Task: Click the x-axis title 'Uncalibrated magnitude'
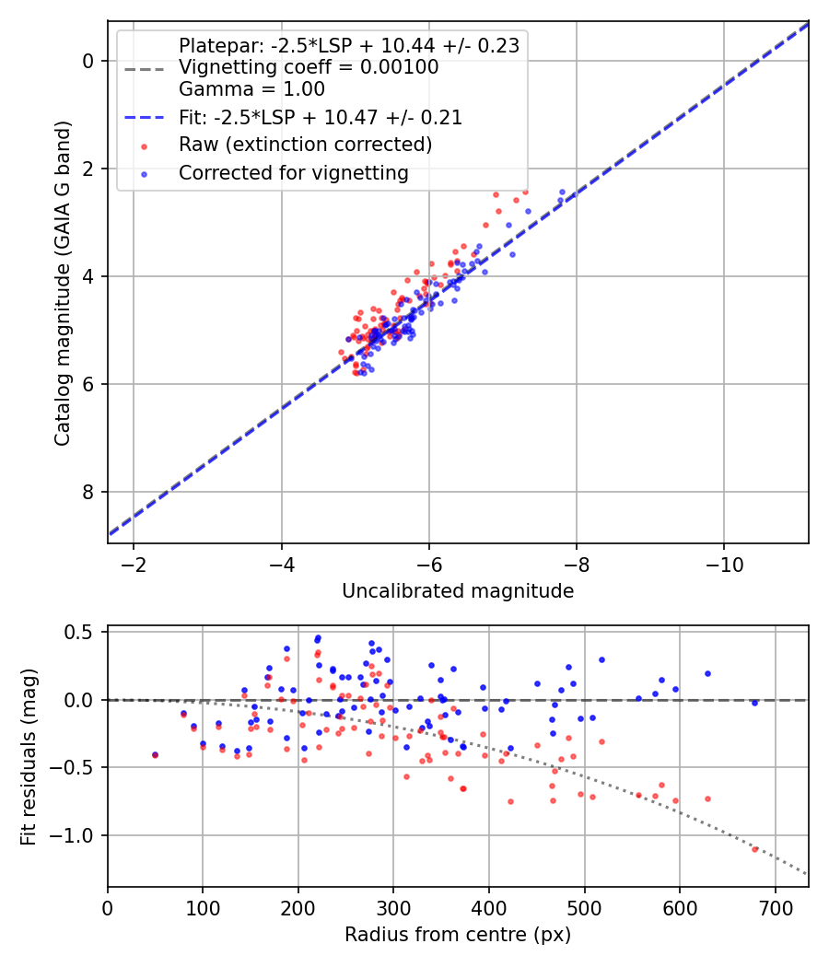(458, 591)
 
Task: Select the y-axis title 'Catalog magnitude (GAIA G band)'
(63, 283)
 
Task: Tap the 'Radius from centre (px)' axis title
(458, 935)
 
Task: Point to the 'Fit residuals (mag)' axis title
(29, 757)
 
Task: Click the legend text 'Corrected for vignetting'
(294, 173)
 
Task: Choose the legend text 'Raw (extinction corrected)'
(305, 145)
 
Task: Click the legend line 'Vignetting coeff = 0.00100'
(309, 66)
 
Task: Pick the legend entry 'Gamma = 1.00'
(251, 88)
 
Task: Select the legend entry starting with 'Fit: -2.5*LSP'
(321, 117)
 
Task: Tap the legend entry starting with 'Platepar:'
(349, 46)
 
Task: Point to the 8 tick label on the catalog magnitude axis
(88, 492)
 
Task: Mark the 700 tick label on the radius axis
(775, 908)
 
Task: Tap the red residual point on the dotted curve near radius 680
(754, 849)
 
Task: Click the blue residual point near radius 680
(754, 703)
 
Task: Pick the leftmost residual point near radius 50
(155, 755)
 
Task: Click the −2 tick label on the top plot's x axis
(134, 565)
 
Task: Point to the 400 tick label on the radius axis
(488, 908)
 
